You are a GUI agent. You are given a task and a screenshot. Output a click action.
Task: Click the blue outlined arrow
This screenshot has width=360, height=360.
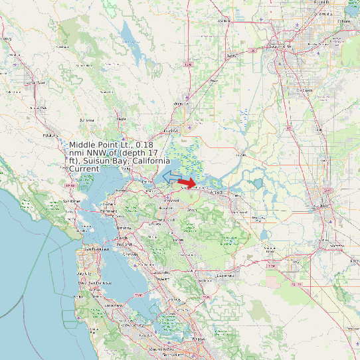(x=171, y=176)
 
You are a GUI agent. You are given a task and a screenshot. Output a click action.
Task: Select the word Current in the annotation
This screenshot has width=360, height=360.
(x=84, y=169)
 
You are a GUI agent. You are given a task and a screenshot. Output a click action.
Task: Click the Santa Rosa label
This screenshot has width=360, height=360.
(x=36, y=82)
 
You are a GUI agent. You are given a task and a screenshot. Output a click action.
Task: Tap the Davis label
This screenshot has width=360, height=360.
(x=232, y=56)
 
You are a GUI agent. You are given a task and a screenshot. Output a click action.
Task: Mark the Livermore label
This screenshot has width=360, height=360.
(x=226, y=274)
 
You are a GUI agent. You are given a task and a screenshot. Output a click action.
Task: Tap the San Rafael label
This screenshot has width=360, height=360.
(x=72, y=201)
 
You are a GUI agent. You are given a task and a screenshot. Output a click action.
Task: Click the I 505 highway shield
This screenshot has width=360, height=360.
(x=189, y=64)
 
